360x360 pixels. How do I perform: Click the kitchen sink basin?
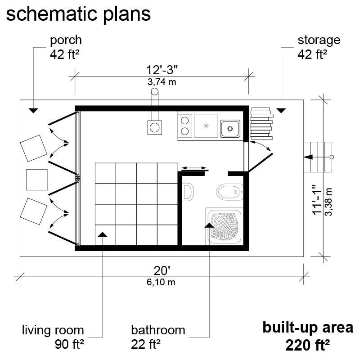click(230, 129)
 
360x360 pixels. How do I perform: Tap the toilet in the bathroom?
click(229, 192)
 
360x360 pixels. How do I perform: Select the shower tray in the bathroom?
click(224, 226)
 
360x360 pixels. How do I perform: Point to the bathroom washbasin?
click(188, 192)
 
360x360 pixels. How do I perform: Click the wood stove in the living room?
click(154, 127)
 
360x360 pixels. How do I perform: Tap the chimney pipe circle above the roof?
click(154, 92)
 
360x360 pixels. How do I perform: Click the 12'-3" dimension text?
click(162, 70)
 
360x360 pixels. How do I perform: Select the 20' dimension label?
click(162, 271)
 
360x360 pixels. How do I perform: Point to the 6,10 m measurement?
click(161, 282)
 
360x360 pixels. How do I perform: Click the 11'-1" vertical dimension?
click(318, 200)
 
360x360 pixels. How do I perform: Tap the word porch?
click(66, 40)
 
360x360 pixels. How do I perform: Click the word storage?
click(319, 40)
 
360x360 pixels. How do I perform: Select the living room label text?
click(53, 330)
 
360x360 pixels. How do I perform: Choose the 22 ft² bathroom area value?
click(145, 344)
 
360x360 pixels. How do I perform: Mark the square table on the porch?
click(37, 180)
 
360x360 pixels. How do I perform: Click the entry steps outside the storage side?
click(318, 157)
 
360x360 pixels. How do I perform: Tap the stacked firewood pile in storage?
click(261, 124)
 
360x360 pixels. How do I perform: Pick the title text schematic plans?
click(78, 14)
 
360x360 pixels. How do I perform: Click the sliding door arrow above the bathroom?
click(194, 168)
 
